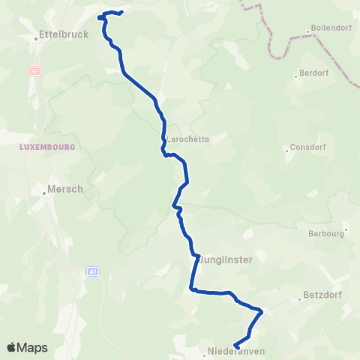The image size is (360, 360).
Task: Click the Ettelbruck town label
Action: (65, 34)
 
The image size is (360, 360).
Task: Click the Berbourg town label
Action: (326, 233)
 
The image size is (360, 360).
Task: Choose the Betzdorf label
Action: (322, 295)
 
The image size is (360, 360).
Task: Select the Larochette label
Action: (187, 139)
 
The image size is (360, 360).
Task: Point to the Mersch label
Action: (65, 189)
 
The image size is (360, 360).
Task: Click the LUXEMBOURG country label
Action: (48, 147)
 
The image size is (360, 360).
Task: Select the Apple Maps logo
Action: (27, 347)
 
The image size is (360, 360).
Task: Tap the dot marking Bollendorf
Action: (308, 31)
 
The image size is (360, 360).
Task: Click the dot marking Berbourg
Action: (346, 229)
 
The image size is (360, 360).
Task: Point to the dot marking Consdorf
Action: (286, 149)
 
